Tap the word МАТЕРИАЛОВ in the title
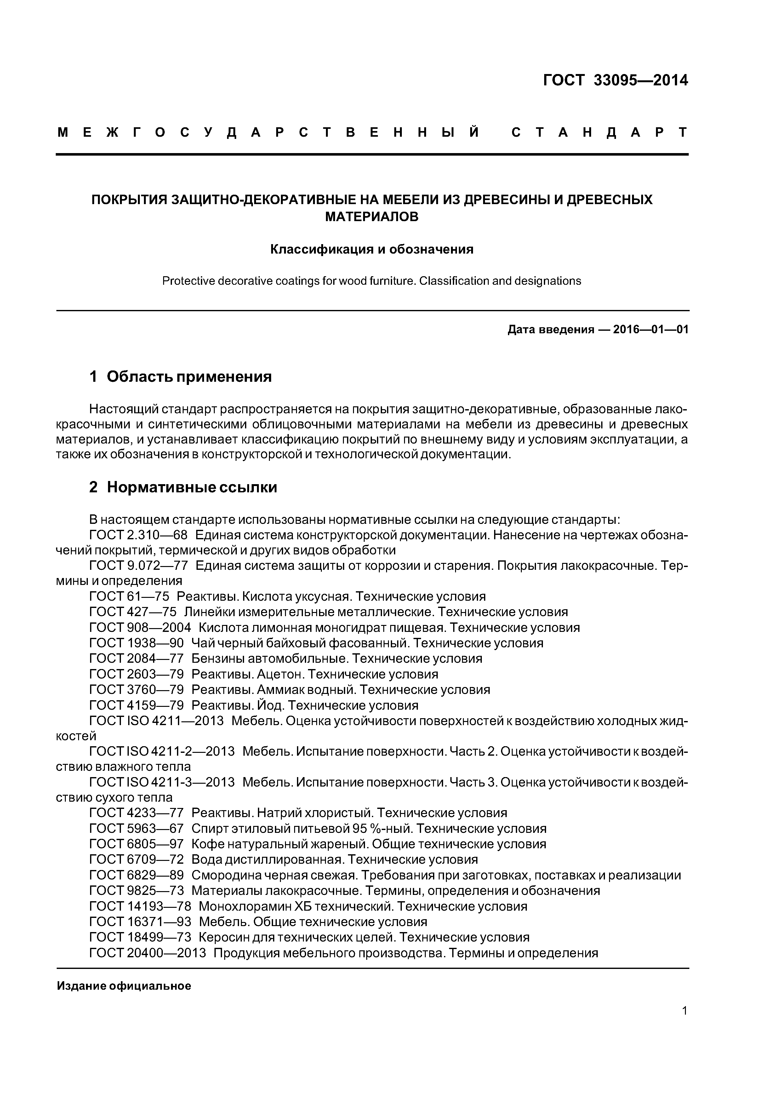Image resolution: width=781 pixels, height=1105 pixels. [x=372, y=217]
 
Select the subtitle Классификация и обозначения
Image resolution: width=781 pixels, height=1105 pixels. [x=372, y=249]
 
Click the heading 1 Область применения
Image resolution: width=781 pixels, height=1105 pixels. [x=180, y=376]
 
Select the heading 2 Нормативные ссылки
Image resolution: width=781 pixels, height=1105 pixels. [x=183, y=488]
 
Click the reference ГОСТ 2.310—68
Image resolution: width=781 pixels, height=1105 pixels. [x=138, y=535]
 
